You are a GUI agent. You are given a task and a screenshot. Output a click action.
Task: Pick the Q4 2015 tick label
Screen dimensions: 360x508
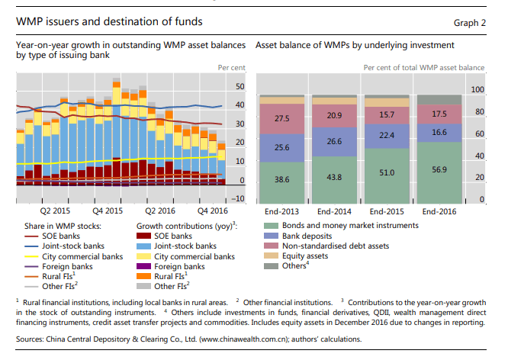tap(107, 211)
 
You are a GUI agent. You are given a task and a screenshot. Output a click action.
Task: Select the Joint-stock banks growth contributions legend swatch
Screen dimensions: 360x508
tap(144, 246)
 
